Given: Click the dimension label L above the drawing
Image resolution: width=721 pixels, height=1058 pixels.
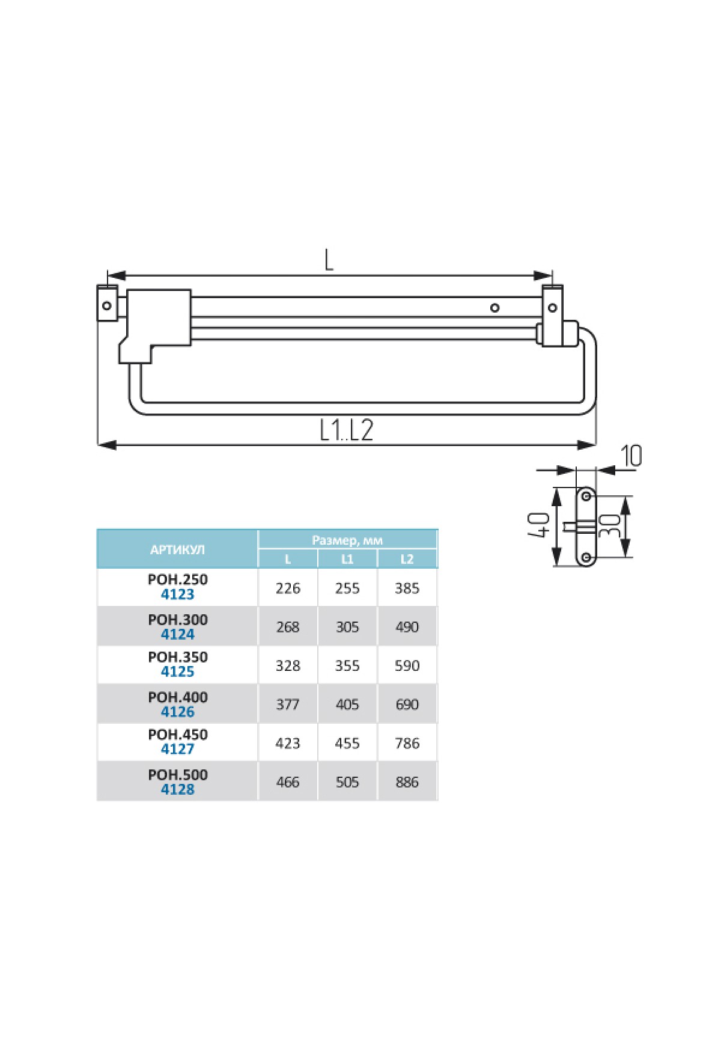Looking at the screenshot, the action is [x=329, y=260].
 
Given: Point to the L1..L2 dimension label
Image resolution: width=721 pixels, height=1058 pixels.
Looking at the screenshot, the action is [x=347, y=430].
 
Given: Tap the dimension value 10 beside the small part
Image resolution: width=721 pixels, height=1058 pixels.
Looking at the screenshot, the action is [x=631, y=456].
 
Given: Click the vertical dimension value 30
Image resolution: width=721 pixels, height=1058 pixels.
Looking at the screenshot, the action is [x=609, y=527].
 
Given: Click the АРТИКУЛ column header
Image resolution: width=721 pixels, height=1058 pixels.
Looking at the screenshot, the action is [x=177, y=549].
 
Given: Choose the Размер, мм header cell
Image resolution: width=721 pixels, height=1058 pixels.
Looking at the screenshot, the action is [x=347, y=540].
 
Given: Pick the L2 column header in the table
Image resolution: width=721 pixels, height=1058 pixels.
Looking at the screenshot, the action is [x=407, y=559].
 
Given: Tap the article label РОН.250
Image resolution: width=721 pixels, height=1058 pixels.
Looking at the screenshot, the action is [x=178, y=579].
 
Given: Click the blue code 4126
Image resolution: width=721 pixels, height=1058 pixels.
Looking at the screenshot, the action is [x=178, y=712].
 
